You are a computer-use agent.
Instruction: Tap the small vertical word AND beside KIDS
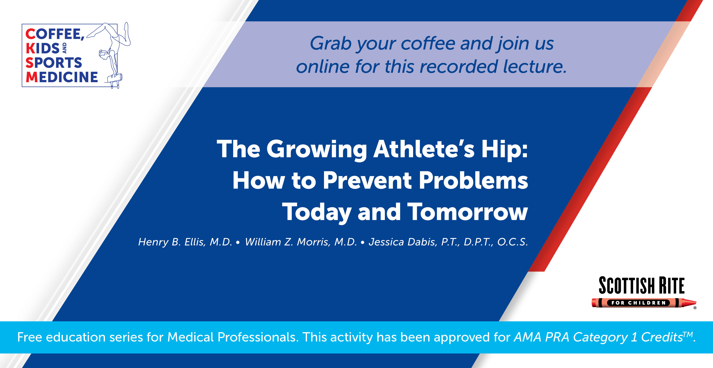[x=64, y=48]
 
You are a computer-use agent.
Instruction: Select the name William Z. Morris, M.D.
[x=301, y=242]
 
